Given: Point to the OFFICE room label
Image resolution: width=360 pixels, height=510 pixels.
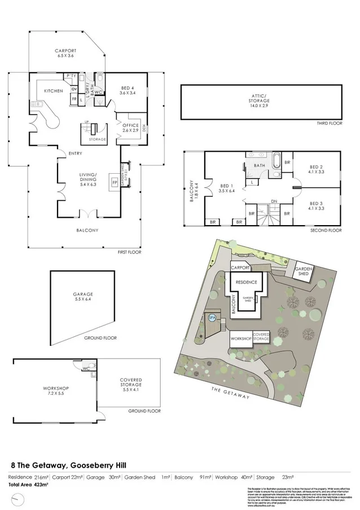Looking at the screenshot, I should point(130,127).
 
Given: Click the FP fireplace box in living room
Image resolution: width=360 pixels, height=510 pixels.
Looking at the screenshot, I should point(115,183).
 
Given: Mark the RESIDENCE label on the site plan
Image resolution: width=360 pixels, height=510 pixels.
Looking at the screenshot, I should point(246,282).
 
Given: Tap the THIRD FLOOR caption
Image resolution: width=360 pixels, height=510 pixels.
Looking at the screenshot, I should point(329,123).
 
